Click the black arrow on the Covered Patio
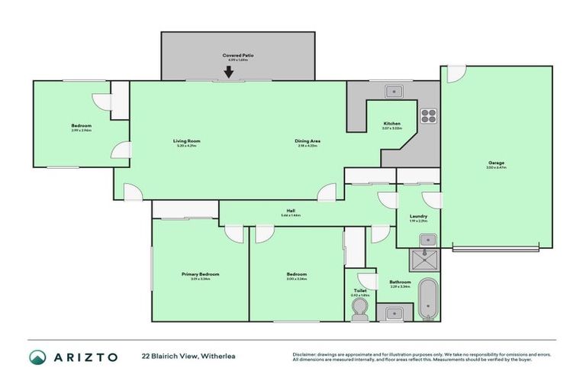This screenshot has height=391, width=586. tap(228, 73)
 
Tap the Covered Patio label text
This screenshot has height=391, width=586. tap(237, 56)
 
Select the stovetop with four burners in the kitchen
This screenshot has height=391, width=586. tap(429, 116)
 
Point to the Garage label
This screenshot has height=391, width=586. tap(497, 163)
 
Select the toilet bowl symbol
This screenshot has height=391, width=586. tap(359, 309)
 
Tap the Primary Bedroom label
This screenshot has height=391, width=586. tap(200, 274)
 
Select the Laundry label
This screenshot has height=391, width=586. tap(419, 216)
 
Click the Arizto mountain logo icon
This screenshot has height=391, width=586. tap(38, 357)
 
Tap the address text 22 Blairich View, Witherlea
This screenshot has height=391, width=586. tap(185, 357)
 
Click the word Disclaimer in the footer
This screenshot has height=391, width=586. tap(306, 354)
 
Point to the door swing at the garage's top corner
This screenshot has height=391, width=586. tap(455, 75)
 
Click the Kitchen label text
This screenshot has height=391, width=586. tap(392, 124)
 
